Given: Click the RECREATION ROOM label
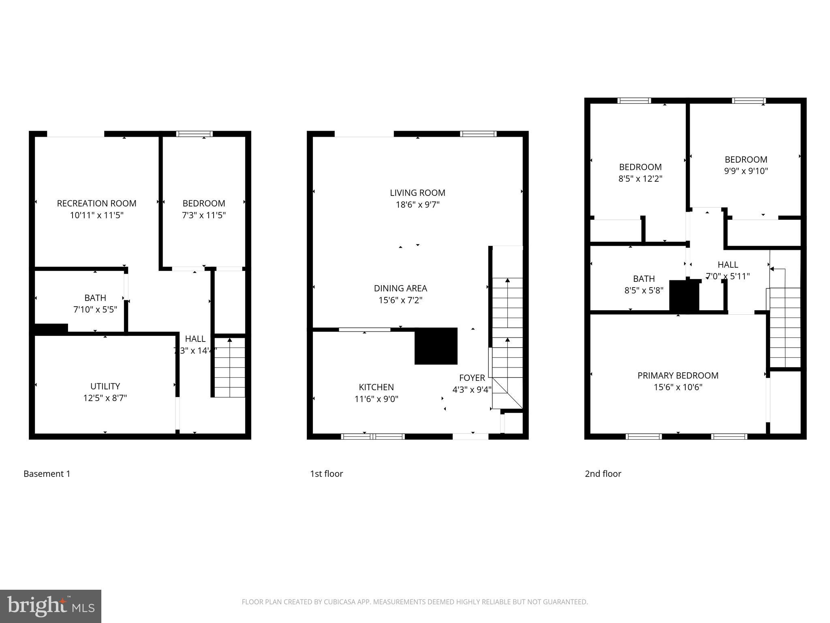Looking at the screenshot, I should [96, 203].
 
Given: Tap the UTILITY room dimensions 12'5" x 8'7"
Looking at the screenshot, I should [105, 398].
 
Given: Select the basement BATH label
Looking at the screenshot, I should [95, 298].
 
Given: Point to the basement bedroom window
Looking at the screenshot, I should [194, 134].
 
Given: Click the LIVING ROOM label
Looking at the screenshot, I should [417, 193].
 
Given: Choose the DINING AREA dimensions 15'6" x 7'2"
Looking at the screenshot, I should [400, 300].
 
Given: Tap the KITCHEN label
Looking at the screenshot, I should [376, 387].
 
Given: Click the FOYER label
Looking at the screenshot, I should [472, 378].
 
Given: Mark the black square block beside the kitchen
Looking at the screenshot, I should [436, 346].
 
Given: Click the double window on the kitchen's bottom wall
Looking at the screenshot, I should [372, 436].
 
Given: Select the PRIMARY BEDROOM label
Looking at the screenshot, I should [678, 376].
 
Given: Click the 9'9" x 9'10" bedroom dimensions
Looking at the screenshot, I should [746, 171].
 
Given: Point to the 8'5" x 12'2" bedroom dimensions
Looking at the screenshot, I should [640, 178].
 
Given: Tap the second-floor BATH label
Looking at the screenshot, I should [644, 279].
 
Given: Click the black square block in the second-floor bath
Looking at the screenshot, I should [684, 296].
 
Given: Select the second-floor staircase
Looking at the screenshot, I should [785, 324].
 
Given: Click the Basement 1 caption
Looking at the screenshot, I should [47, 474].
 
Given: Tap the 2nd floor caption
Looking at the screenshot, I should [603, 474].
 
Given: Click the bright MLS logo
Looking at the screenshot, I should [51, 606].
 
